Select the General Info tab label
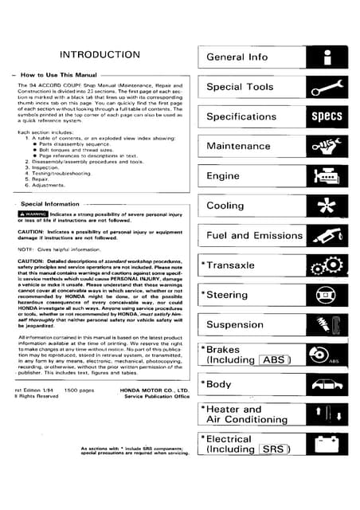237,57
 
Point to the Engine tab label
223,176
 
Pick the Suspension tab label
235,325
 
